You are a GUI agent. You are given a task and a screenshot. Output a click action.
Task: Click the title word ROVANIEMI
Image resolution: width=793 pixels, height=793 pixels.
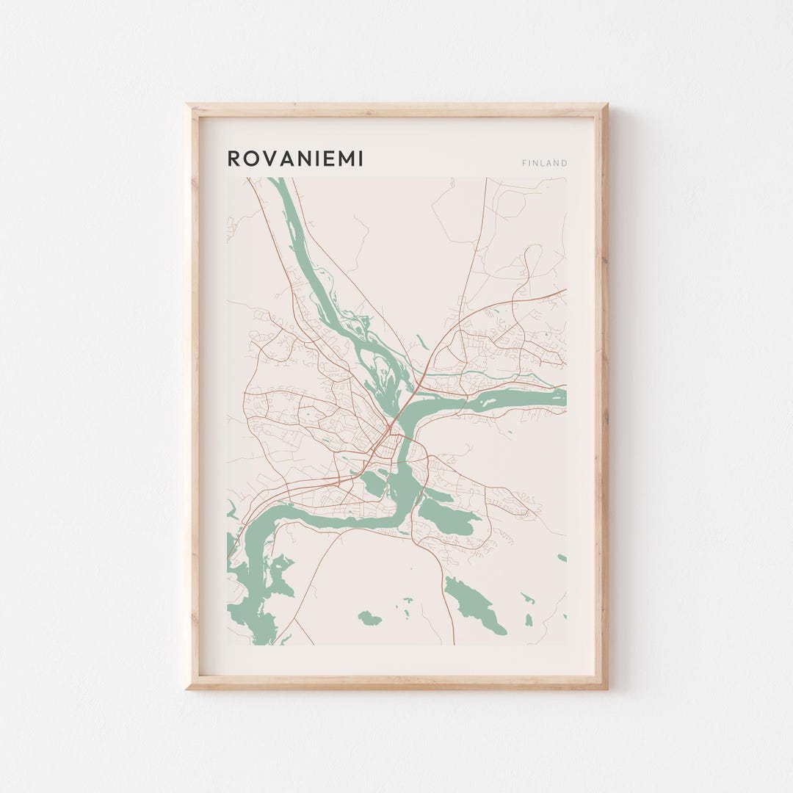click(295, 159)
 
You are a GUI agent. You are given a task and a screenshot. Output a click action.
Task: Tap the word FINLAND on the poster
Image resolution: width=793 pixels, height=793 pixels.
click(544, 163)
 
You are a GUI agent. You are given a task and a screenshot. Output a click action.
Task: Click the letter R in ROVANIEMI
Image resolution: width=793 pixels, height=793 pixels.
click(233, 159)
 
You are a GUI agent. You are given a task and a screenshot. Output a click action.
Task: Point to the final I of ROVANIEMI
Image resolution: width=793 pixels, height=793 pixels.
click(360, 159)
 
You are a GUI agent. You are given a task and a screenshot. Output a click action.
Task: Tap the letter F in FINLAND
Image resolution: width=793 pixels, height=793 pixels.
click(524, 163)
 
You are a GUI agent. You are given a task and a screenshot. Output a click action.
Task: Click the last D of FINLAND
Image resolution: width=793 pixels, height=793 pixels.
click(565, 163)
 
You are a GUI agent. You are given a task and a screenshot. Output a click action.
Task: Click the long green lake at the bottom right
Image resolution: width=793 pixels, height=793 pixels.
click(474, 604)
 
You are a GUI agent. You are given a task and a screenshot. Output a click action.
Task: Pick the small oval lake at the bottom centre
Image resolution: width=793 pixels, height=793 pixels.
click(370, 618)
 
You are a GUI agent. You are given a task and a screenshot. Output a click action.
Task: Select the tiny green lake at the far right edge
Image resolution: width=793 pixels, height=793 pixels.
click(562, 558)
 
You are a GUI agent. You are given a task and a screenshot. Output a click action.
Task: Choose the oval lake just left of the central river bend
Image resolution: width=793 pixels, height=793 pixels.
click(372, 483)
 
